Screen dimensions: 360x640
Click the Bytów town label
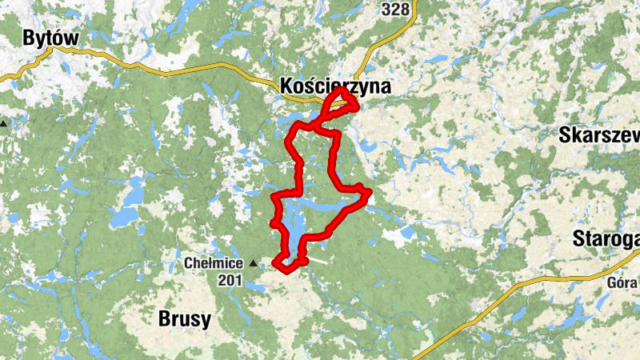[x=50, y=38]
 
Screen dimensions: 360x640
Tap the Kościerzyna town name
[x=335, y=86]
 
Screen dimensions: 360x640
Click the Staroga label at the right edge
[x=606, y=238]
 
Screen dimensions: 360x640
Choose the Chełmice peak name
[x=214, y=262]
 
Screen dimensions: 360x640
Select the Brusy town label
[x=185, y=319]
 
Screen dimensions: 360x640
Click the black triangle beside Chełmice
[x=254, y=262]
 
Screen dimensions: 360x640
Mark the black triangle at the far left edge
[x=4, y=124]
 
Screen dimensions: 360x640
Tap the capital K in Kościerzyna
[x=288, y=86]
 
